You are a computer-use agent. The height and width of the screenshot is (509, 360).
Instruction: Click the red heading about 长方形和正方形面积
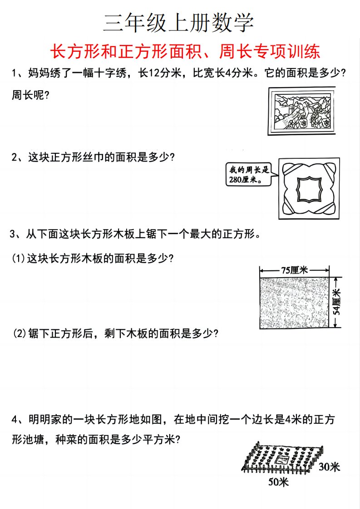tap(185, 51)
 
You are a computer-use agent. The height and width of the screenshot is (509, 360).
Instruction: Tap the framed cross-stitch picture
tap(301, 111)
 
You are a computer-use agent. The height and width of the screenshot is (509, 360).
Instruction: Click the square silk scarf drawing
tap(309, 188)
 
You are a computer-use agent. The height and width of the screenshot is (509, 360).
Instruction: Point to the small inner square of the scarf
tap(309, 189)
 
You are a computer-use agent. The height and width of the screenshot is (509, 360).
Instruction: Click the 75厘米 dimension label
tap(294, 270)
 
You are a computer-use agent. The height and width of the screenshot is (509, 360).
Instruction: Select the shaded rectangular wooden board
tap(294, 303)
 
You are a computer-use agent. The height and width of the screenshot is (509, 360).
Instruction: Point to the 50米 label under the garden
tap(278, 482)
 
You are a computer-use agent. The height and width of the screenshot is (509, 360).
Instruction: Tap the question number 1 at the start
tap(14, 73)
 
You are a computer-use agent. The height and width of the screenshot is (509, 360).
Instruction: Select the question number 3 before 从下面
tap(13, 234)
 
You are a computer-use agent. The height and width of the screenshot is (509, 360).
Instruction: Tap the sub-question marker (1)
tap(19, 259)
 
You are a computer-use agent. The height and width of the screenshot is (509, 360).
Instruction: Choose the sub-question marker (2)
tap(20, 333)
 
